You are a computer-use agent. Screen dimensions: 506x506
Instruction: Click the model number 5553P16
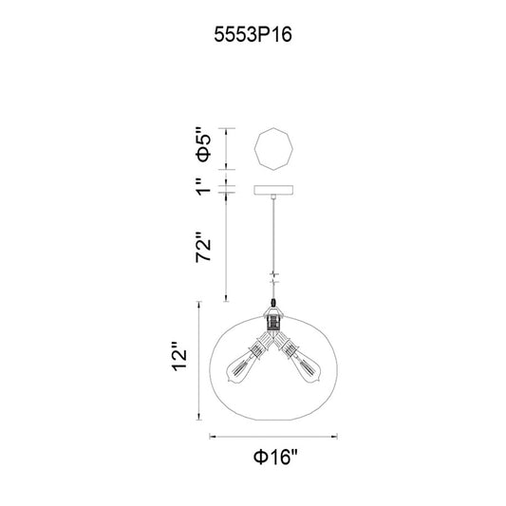point(253,34)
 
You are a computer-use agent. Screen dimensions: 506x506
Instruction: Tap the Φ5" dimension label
point(203,149)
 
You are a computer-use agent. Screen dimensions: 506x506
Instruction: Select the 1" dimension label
point(203,186)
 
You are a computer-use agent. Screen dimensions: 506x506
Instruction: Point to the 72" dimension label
point(203,247)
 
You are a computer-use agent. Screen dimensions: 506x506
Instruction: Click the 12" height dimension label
point(179,356)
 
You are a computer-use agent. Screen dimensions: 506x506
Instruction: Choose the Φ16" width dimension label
point(274,458)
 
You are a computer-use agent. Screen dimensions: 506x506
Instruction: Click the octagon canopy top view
point(273,149)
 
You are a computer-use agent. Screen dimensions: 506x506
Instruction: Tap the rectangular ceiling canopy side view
point(273,190)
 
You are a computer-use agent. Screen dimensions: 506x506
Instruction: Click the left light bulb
point(241,367)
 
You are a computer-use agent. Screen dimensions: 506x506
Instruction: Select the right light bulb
point(306,367)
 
